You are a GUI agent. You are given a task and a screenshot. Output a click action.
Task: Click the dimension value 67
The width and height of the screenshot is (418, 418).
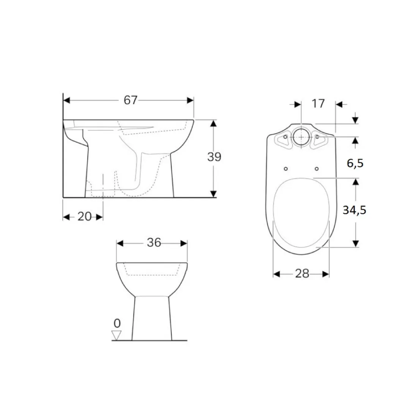pos(130,100)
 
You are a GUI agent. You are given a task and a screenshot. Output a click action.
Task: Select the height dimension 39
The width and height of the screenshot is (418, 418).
pos(214,157)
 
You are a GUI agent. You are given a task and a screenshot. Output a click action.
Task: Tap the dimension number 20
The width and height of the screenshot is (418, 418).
pos(84,217)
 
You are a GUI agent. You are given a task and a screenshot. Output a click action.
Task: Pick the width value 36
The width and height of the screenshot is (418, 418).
pos(154,242)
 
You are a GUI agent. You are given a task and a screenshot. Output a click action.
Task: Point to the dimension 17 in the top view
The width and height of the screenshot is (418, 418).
pos(318,103)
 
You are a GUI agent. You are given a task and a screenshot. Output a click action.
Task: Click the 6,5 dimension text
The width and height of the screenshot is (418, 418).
pos(355,163)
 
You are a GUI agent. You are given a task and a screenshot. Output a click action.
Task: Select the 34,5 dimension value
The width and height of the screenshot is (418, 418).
pos(354,210)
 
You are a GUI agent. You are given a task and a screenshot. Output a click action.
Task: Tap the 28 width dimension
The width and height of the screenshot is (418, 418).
pos(302,273)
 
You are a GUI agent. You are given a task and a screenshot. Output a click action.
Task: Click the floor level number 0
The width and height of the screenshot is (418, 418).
pos(117,324)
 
